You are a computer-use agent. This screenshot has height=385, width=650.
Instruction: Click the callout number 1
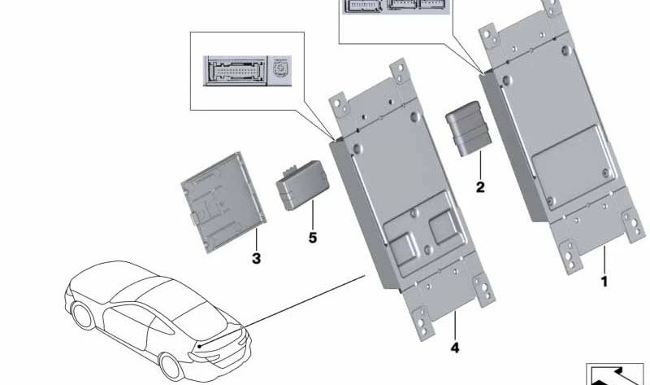(x=604, y=282)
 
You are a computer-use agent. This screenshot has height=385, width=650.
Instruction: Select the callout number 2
(x=480, y=187)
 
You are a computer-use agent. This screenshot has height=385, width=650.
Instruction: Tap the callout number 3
(x=256, y=258)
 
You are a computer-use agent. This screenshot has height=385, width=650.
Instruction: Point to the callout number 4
(x=455, y=348)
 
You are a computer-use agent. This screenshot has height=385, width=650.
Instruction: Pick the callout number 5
(x=313, y=238)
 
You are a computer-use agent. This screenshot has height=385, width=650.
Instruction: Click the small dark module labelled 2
(x=469, y=129)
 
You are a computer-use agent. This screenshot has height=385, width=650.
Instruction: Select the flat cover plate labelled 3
(x=223, y=202)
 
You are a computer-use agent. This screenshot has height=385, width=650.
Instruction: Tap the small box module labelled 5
(x=302, y=186)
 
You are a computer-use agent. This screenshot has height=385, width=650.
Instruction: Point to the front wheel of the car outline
(x=84, y=316)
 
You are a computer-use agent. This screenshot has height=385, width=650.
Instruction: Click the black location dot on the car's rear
(x=200, y=346)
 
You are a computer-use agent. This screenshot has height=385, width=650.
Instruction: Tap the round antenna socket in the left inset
(x=281, y=68)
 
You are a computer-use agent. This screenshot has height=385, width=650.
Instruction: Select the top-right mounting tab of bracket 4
(x=400, y=71)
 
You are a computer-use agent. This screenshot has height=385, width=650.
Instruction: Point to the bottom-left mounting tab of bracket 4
(x=423, y=323)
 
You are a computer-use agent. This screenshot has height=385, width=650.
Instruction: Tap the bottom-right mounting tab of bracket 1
(x=634, y=225)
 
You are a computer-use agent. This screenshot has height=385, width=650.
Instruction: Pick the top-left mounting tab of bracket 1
(x=489, y=36)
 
